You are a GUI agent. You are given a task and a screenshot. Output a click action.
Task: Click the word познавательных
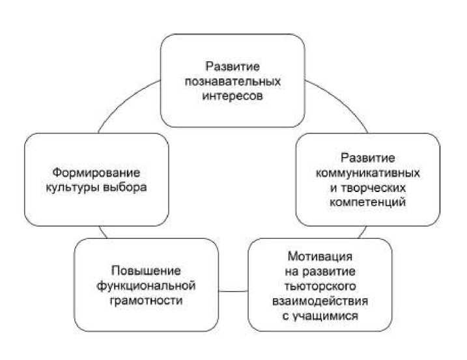click(233, 82)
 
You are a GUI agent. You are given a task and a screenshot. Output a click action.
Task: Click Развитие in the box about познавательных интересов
click(233, 68)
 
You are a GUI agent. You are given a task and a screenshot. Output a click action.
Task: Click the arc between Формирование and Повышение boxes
click(102, 232)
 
